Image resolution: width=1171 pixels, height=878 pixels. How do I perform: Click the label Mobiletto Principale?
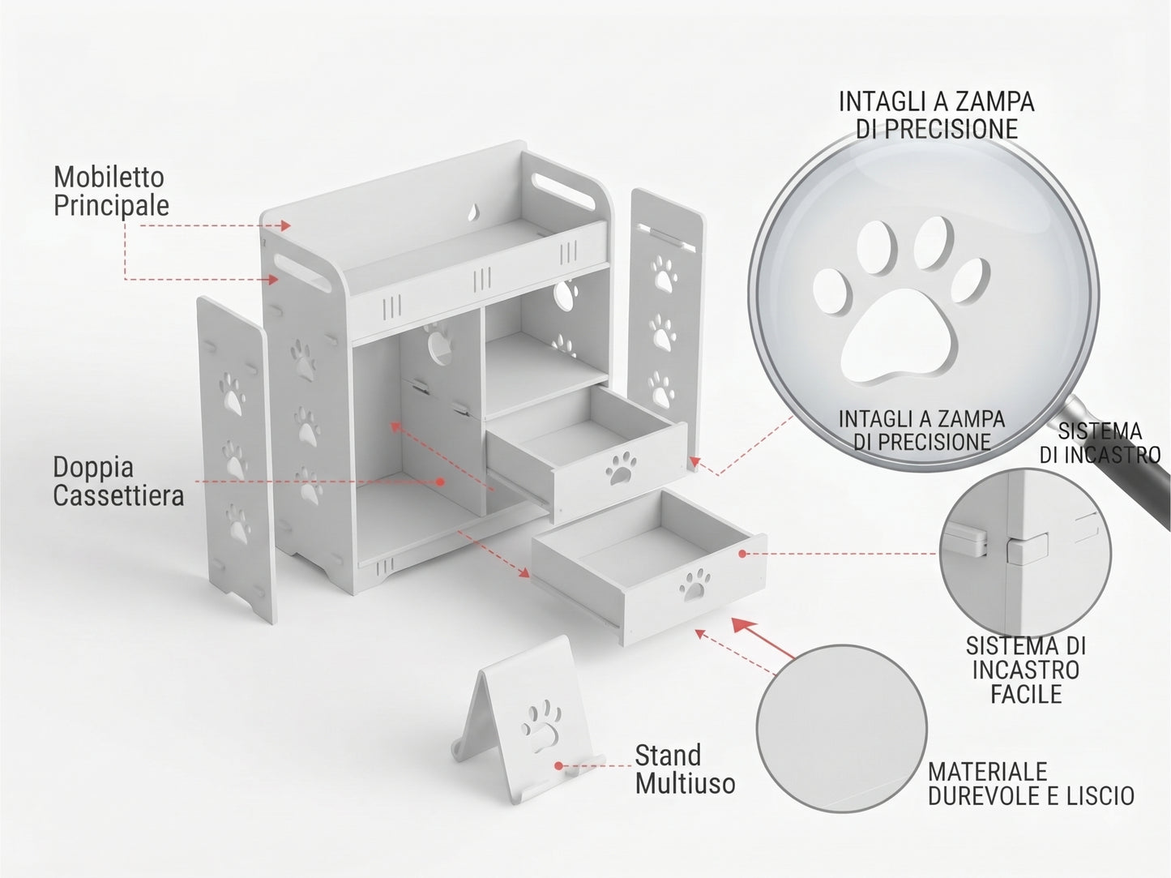coord(111,191)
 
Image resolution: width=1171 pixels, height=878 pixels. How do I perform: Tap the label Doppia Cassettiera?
coord(118,482)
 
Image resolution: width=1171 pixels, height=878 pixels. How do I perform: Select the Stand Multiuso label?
coord(685,769)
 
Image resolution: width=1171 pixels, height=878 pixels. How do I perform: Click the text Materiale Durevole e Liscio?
coord(1031,784)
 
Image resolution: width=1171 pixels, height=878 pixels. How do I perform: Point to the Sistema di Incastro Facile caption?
coord(1025,670)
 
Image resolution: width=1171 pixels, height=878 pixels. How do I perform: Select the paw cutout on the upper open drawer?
coord(621,468)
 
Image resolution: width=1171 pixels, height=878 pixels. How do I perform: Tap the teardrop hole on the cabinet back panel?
coord(472,213)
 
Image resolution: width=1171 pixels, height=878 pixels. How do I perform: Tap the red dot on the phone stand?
coord(558,766)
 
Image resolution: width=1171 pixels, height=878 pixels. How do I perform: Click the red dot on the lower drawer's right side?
coord(742,554)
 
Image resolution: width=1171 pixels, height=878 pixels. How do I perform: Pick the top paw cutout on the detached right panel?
coord(663,274)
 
